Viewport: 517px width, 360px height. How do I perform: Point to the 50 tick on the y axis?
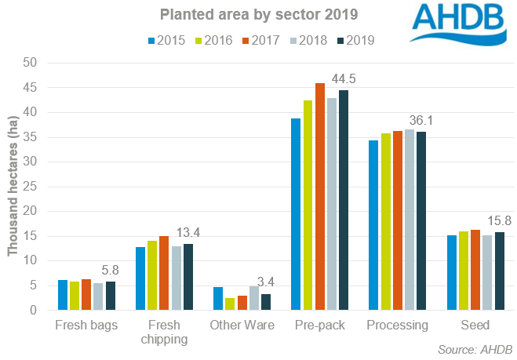tap(32, 63)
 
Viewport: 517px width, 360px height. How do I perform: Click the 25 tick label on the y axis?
tap(32, 187)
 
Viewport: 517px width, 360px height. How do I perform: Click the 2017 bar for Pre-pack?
tap(320, 197)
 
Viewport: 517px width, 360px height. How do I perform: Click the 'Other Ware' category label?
tap(242, 325)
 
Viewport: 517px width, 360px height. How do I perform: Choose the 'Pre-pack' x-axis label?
tap(320, 325)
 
